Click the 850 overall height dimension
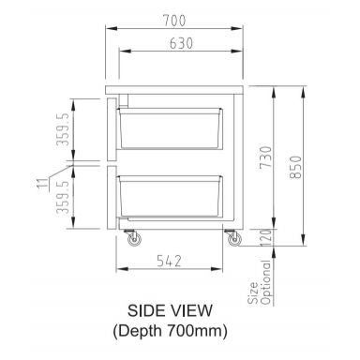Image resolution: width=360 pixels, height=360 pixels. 296,165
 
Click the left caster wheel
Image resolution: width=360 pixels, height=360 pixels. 132,241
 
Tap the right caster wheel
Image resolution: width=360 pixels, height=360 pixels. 231,241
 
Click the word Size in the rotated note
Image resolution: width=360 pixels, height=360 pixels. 252,294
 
